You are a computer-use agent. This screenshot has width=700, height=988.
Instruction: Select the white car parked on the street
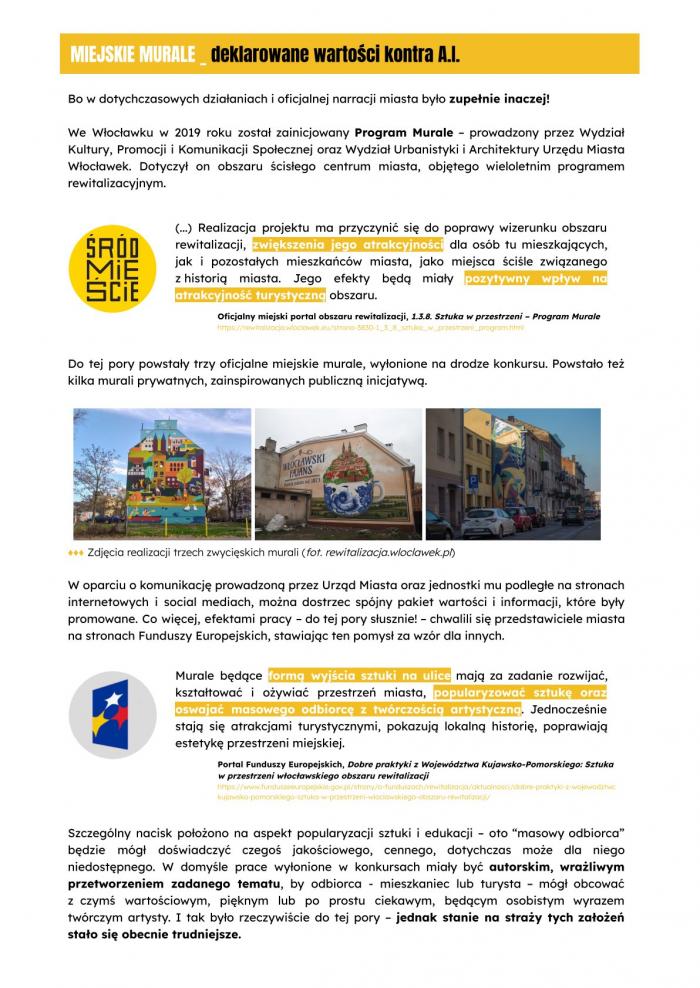point(489,521)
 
